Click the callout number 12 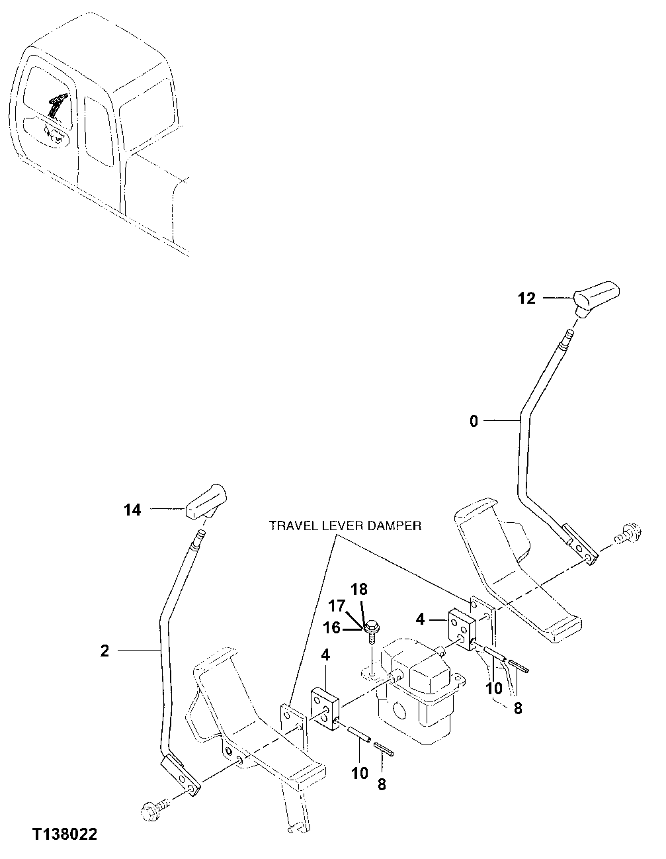[526, 298]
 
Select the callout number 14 [132, 510]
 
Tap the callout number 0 [474, 421]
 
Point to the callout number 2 [104, 651]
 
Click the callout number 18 [358, 589]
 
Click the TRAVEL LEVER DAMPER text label [345, 526]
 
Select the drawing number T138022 [63, 834]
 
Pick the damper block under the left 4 [325, 708]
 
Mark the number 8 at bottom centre [382, 785]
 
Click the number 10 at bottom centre [359, 773]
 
